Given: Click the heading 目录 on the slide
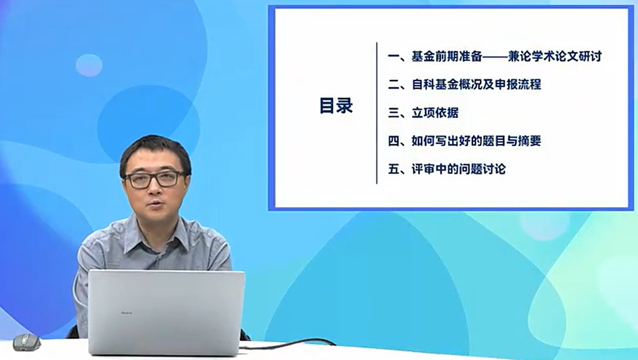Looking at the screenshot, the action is (336, 106).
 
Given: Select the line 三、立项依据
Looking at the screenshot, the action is (423, 113).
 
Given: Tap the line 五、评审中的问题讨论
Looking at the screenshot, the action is (447, 169).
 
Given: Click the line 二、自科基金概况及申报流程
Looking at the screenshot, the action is (465, 85).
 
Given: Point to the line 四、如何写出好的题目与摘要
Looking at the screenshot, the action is (465, 141).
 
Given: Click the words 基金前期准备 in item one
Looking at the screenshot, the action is (447, 56).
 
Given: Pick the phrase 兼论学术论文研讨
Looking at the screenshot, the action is (555, 56).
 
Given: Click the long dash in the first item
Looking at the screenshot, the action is (495, 56).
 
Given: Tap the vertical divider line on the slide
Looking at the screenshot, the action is (377, 113).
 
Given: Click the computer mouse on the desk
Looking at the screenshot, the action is (26, 342).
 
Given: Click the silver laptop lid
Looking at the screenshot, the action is (167, 312).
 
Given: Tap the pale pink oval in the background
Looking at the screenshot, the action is (89, 65).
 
